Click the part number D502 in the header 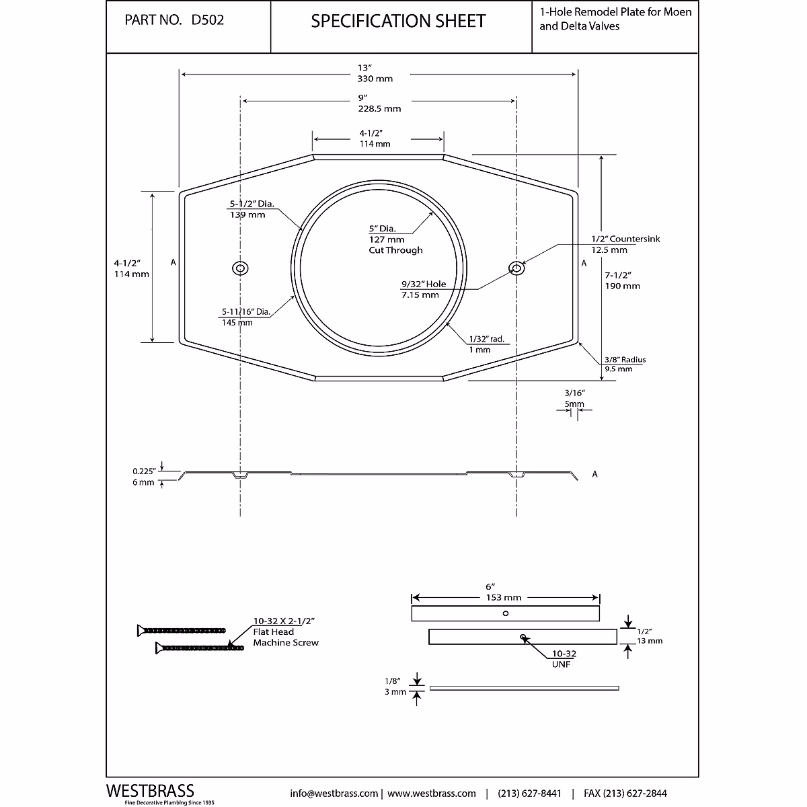pos(208,21)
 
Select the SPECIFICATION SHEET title pos(398,22)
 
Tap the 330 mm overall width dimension pos(375,79)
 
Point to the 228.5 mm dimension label pos(379,108)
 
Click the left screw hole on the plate pos(240,268)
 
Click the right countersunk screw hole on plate pos(516,268)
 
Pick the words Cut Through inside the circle pos(395,250)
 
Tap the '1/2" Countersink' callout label pos(625,239)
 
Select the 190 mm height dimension pos(623,286)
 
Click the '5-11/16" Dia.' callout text pos(246,312)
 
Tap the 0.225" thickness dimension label pos(145,471)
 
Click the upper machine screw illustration pos(181,630)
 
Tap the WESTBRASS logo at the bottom pos(151,791)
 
